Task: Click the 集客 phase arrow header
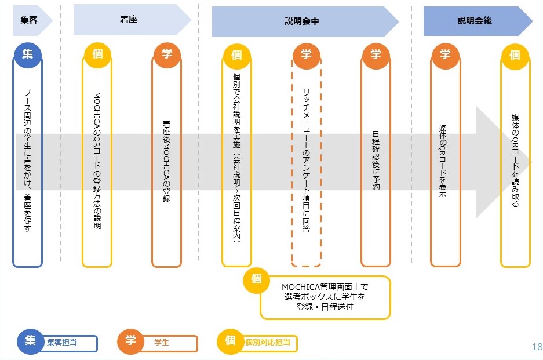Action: pyautogui.click(x=30, y=20)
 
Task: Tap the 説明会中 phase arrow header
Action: pyautogui.click(x=302, y=21)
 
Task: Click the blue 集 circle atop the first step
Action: pyautogui.click(x=28, y=54)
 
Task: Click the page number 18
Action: pyautogui.click(x=536, y=347)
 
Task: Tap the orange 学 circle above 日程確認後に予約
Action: pyautogui.click(x=376, y=54)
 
